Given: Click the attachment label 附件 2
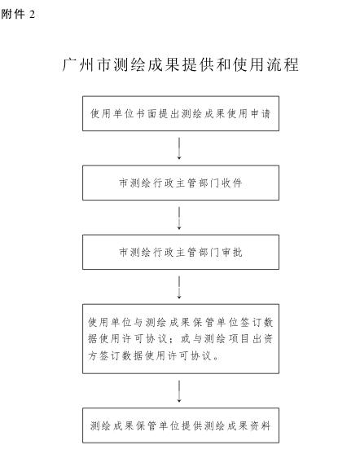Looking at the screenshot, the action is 18,14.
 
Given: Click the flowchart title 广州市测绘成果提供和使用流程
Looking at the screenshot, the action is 180,65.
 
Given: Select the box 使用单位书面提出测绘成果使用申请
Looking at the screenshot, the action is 181,113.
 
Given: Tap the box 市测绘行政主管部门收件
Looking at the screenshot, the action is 181,183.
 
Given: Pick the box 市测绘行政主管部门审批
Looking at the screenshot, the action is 181,252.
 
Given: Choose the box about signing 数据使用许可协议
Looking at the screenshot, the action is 181,339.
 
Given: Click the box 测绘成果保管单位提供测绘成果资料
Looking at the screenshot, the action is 181,425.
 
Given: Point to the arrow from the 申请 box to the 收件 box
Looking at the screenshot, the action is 179,148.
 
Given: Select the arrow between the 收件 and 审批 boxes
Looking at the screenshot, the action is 179,218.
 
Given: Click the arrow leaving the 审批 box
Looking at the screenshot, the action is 179,287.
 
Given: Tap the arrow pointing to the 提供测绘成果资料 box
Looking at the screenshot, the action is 179,391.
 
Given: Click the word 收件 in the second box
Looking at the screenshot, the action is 232,183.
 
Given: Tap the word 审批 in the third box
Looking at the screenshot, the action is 232,252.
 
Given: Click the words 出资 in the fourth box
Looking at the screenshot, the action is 263,339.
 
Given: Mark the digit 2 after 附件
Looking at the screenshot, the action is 32,14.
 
